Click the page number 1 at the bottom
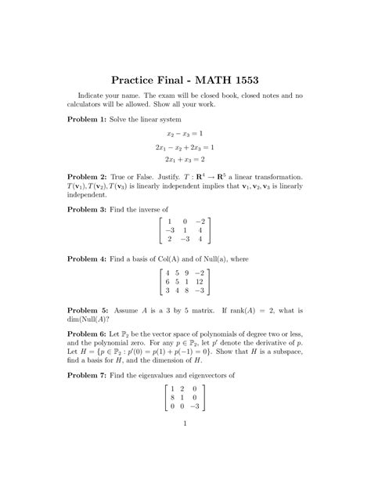(185, 426)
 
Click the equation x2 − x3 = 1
(185, 133)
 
